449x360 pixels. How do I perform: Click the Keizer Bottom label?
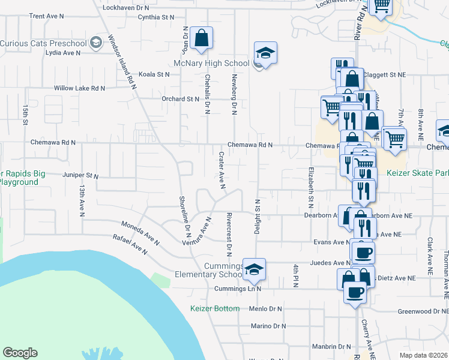click(x=215, y=308)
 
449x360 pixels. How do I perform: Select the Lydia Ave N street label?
click(x=63, y=52)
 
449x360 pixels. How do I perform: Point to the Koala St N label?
click(x=154, y=74)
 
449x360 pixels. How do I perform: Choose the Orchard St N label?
click(x=180, y=99)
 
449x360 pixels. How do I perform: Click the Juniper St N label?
click(x=80, y=176)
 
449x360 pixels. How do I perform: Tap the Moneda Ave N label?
click(x=140, y=232)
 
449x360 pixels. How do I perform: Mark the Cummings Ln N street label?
click(x=238, y=289)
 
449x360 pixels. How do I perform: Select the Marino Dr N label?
click(x=271, y=326)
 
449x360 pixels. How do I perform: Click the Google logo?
click(x=20, y=353)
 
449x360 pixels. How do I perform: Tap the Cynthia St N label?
click(x=155, y=17)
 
